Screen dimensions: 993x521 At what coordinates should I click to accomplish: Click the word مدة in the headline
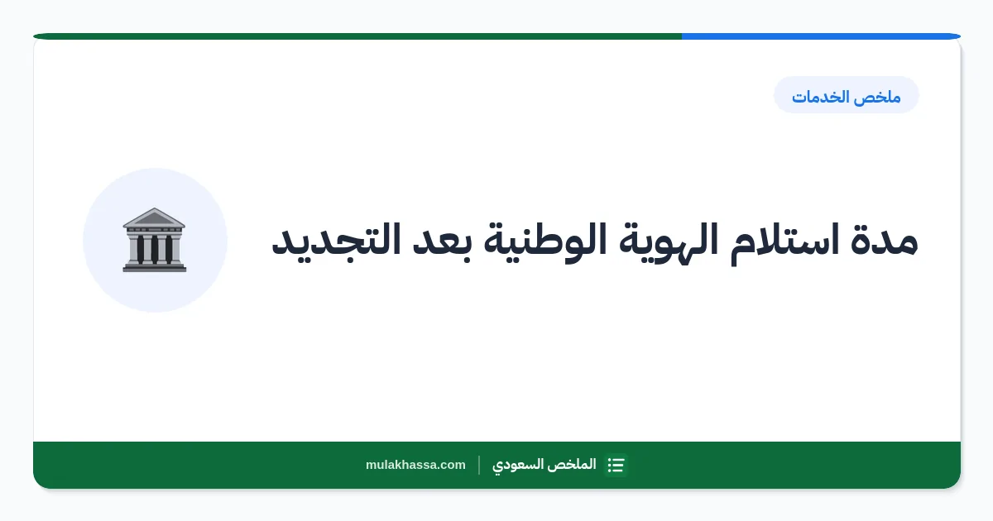[x=884, y=241]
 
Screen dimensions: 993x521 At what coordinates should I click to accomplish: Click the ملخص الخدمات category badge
[x=847, y=95]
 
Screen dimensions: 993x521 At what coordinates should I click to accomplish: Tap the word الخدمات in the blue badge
[x=824, y=97]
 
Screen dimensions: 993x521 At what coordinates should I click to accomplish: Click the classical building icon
[x=154, y=240]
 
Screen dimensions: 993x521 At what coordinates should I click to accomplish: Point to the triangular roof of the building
[x=154, y=217]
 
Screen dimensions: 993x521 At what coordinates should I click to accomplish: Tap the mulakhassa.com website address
[x=415, y=465]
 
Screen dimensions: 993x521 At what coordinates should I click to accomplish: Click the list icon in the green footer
[x=616, y=465]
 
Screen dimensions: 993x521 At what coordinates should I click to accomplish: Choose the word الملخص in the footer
[x=573, y=465]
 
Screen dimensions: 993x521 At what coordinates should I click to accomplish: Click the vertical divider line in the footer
[x=479, y=465]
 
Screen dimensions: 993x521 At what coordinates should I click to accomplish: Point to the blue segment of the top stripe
[x=821, y=36]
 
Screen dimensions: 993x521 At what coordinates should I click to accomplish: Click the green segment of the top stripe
[x=357, y=36]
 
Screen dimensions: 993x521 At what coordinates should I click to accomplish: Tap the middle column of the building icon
[x=154, y=249]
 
